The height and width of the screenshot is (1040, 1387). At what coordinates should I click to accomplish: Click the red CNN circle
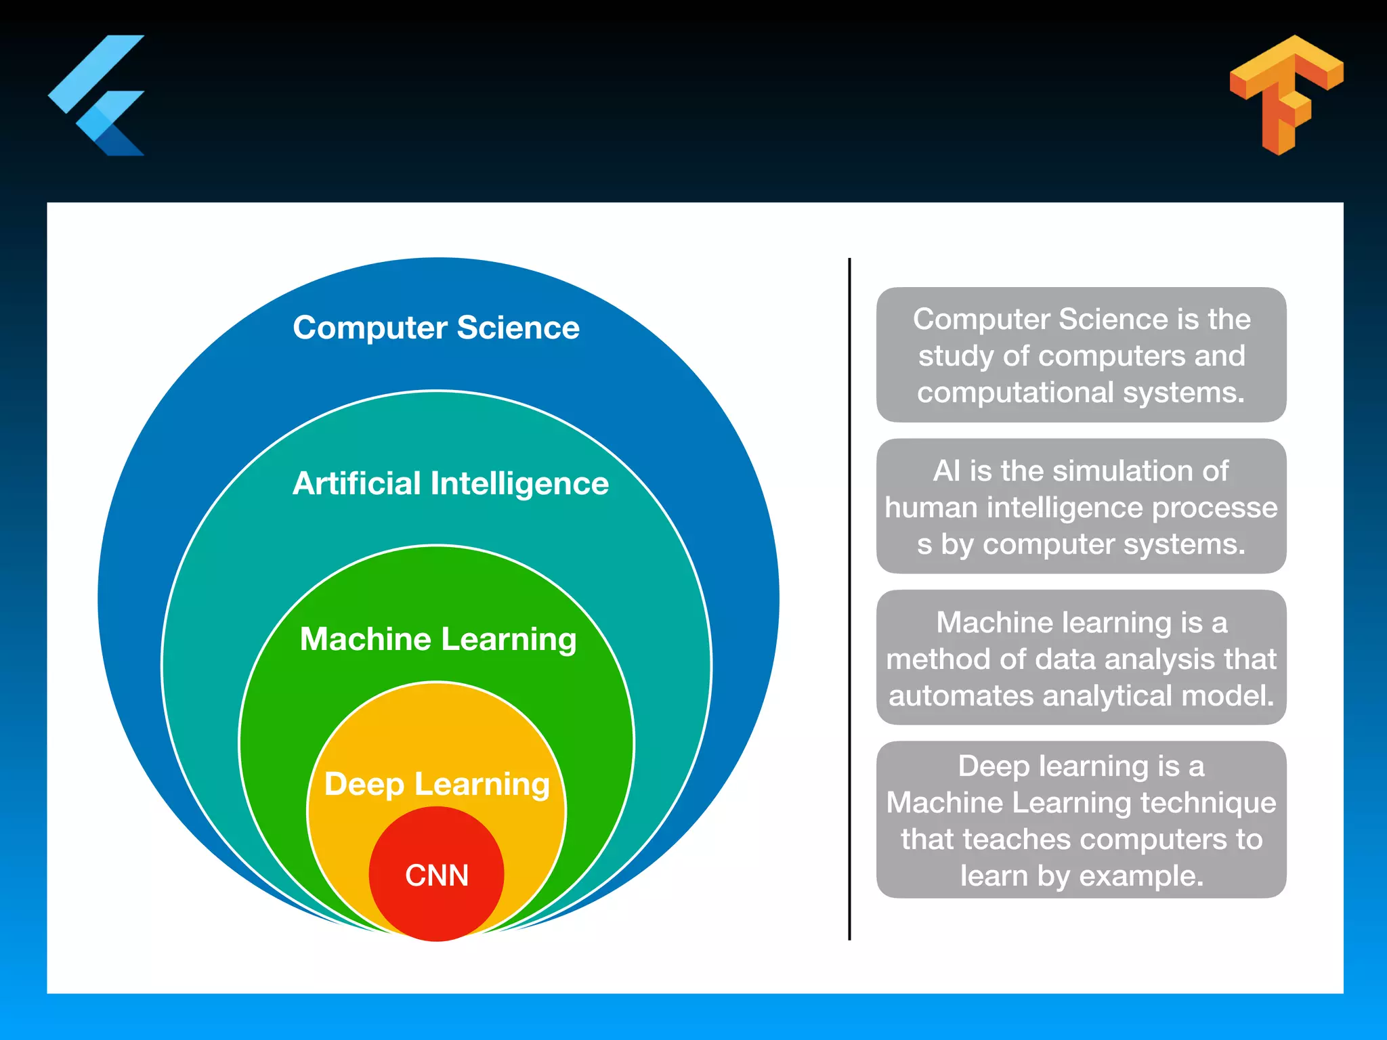(x=437, y=875)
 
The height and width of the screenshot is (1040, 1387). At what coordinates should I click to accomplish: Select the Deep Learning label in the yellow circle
(x=437, y=784)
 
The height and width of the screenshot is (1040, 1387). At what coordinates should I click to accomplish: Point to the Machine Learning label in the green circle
(x=438, y=639)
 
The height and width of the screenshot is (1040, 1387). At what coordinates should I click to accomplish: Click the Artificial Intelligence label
(x=450, y=483)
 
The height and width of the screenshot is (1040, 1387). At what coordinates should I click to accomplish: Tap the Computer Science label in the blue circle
(x=436, y=328)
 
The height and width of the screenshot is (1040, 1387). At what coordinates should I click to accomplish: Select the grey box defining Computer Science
(x=1081, y=355)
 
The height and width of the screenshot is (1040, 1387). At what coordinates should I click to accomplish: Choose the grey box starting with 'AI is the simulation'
(x=1081, y=506)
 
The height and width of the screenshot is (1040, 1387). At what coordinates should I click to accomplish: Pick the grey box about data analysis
(x=1081, y=657)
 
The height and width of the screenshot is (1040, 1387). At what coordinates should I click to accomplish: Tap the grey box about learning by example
(x=1081, y=820)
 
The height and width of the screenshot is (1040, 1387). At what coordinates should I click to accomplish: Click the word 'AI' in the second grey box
(x=947, y=471)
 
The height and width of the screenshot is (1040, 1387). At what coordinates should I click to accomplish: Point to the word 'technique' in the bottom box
(x=1208, y=803)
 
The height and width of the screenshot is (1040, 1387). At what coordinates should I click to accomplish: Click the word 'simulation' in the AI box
(x=1092, y=471)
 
